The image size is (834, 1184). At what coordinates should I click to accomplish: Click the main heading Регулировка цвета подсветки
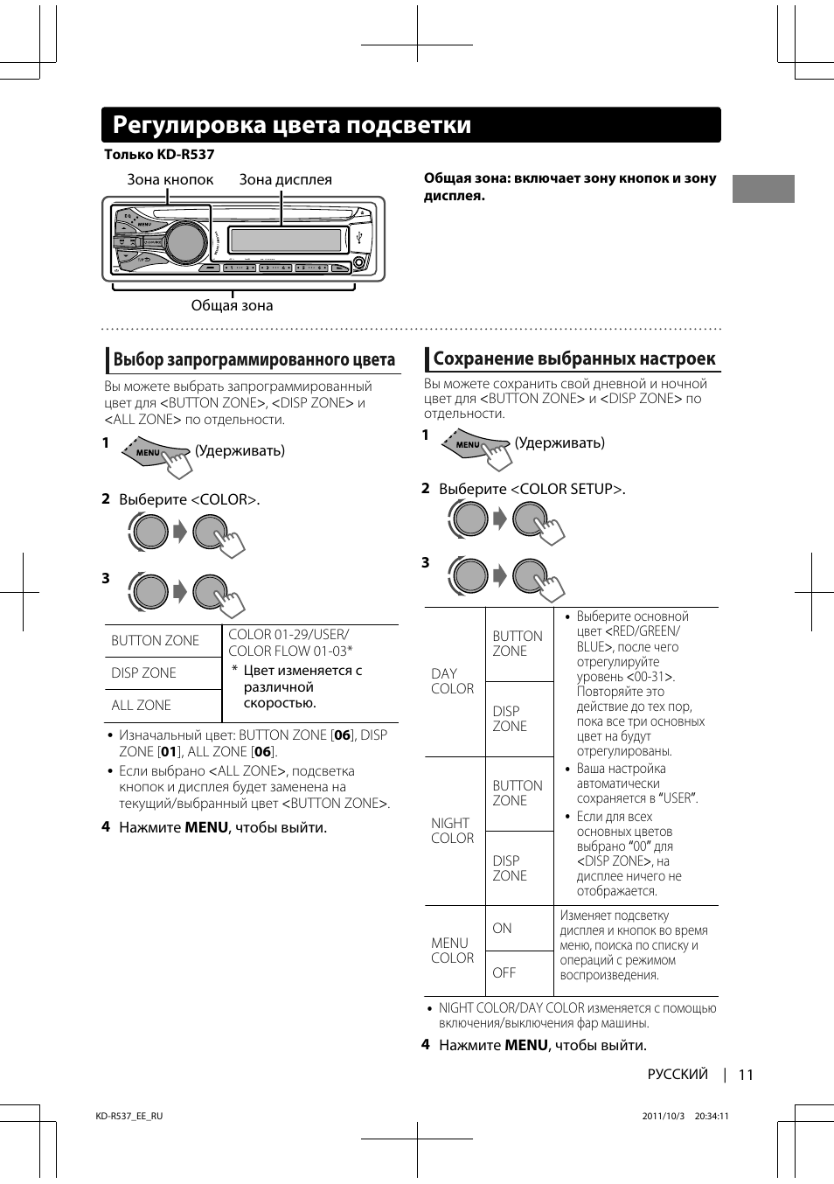point(292,125)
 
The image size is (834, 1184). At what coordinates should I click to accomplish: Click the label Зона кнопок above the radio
point(170,179)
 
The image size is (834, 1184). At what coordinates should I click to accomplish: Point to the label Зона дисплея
point(286,179)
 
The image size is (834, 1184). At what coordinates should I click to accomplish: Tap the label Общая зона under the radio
point(232,305)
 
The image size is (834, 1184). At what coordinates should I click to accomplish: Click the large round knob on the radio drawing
point(185,242)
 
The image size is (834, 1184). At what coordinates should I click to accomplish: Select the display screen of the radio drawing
point(285,240)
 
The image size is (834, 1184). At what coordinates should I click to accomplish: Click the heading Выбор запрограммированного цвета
point(254,359)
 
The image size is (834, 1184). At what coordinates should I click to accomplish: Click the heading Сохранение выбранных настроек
point(574,359)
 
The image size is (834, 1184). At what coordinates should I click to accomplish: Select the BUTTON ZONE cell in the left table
point(156,640)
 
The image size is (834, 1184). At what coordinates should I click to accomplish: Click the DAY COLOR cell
point(453,681)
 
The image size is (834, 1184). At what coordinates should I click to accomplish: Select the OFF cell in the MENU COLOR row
point(504,972)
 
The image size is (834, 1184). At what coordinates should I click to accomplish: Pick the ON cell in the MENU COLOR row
point(502,928)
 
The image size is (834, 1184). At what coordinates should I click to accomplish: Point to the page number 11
point(746,1075)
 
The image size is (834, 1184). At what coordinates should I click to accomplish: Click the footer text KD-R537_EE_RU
point(129,1116)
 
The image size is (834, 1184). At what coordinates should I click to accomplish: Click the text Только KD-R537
point(159,155)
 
